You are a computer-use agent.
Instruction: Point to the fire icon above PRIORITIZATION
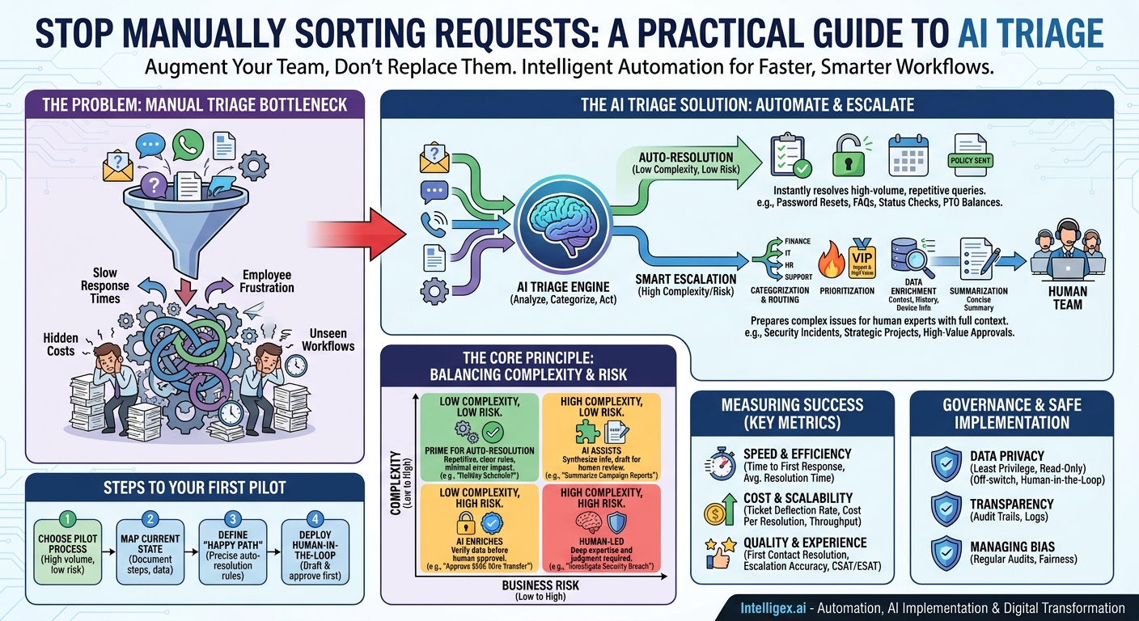point(832,257)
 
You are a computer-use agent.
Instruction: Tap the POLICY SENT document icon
point(971,156)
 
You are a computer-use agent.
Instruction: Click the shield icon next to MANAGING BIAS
point(946,554)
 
